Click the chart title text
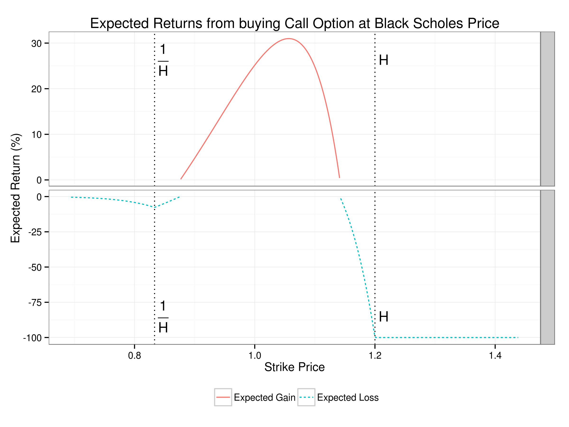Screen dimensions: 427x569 pos(294,23)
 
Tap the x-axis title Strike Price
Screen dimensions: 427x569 pos(294,367)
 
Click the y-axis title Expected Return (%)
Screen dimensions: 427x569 pos(15,188)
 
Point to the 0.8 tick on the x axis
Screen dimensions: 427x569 pos(134,356)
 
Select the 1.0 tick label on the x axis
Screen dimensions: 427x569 pos(255,356)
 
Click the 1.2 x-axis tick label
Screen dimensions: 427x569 pos(375,356)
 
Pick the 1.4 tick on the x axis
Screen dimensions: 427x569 pos(495,356)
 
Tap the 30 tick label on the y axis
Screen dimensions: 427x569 pos(37,44)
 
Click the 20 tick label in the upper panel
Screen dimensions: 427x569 pos(37,89)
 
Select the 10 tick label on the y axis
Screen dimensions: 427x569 pos(37,135)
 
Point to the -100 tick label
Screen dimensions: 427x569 pos(32,338)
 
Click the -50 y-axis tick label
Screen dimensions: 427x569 pos(35,268)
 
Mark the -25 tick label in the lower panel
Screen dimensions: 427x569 pos(35,232)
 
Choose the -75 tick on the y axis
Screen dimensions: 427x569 pos(35,303)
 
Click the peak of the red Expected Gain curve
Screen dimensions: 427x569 pos(289,39)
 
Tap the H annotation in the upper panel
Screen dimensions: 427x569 pos(383,60)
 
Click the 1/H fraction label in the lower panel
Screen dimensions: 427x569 pos(163,317)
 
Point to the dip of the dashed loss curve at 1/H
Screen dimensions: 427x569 pos(155,207)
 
